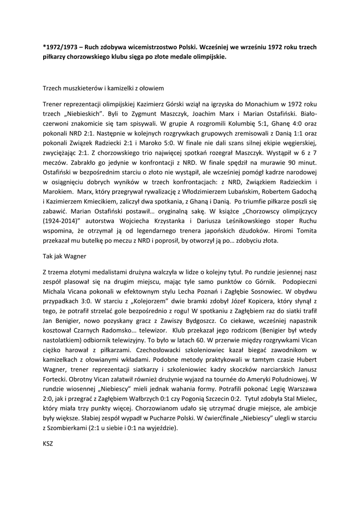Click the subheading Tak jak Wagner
pyautogui.click(x=65, y=256)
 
